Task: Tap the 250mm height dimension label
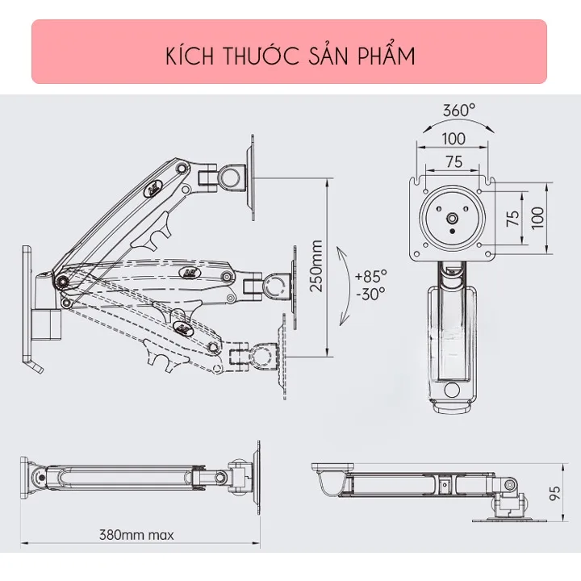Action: (316, 266)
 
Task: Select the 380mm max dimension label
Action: (136, 535)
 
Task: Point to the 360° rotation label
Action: (458, 111)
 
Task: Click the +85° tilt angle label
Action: (371, 276)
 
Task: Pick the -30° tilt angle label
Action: (370, 294)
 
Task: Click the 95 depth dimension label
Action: (554, 493)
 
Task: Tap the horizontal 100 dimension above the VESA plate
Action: (454, 139)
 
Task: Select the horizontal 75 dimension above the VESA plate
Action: (454, 162)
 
